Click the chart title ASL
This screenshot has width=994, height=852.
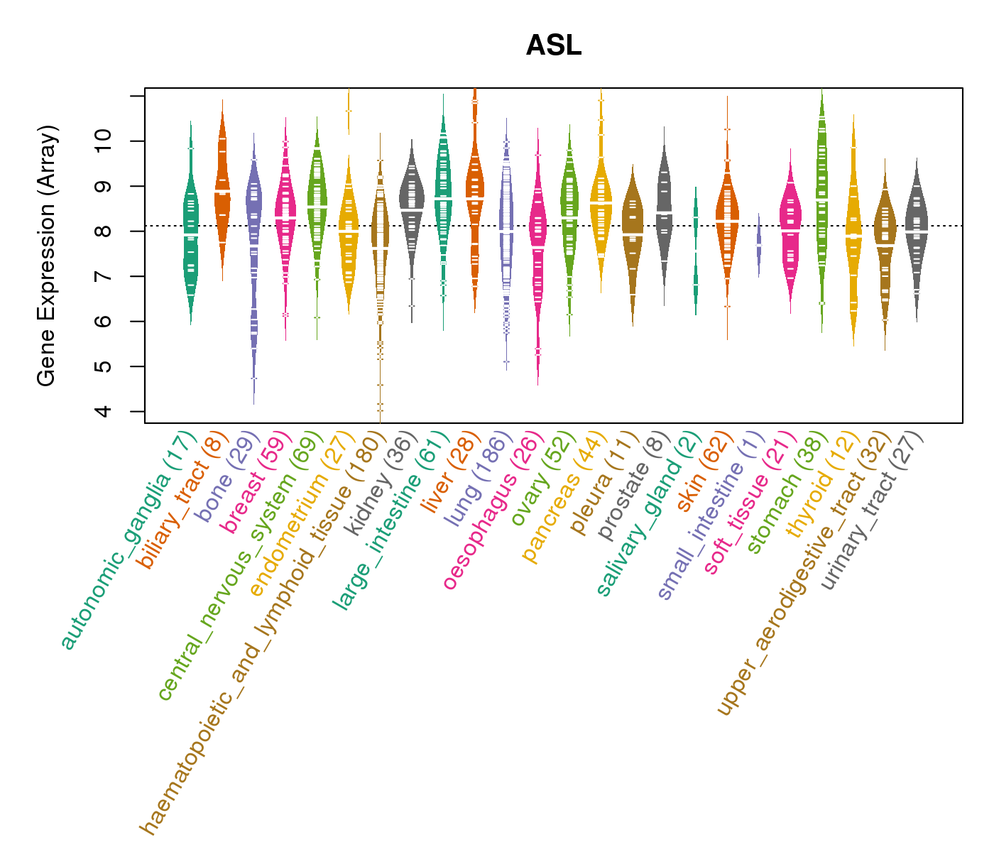[x=554, y=46]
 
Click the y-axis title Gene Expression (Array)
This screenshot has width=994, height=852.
[x=47, y=256]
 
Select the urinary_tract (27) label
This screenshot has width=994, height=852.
[x=874, y=511]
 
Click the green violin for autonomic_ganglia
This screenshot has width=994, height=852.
[x=190, y=227]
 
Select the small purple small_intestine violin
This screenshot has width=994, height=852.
[x=758, y=245]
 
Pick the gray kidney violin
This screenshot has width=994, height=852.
[x=411, y=206]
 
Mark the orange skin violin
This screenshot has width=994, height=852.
[x=727, y=220]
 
